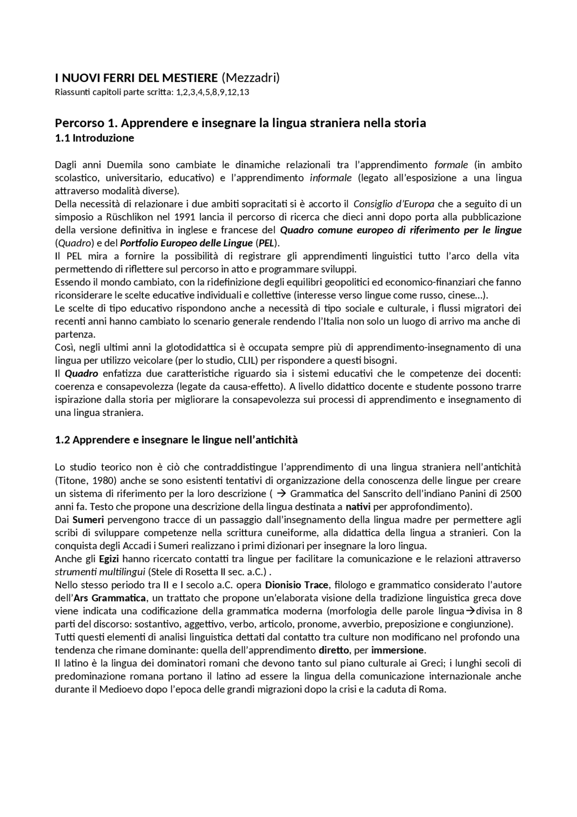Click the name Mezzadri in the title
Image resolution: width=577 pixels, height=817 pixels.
(x=251, y=78)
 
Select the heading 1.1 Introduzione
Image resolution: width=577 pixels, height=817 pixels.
(x=94, y=138)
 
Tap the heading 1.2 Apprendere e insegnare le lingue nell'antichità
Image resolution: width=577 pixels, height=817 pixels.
(x=176, y=440)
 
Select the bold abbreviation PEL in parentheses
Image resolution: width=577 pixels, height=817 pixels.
(x=266, y=243)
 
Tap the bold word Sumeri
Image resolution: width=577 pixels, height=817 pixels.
(x=88, y=520)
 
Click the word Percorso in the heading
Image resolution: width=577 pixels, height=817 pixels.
(x=77, y=123)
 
